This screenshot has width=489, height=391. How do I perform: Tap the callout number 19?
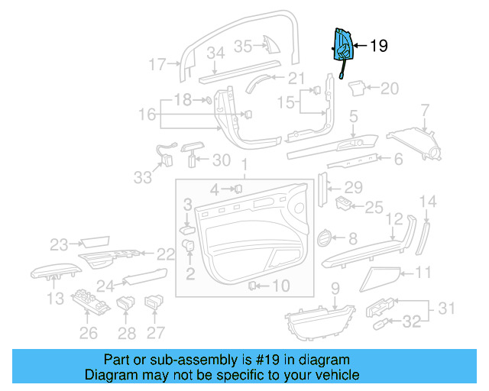point(378,47)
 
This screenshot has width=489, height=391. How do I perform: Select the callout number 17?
point(157,65)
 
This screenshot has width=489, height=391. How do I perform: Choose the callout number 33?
point(143,177)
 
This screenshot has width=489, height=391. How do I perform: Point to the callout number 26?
point(89,333)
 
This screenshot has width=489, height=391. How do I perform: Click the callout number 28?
point(127,333)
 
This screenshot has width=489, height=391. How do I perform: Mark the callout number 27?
point(156,333)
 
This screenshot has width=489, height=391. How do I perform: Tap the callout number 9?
point(334,288)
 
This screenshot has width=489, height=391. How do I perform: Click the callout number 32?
point(412,322)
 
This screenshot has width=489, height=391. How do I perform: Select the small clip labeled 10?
point(251,286)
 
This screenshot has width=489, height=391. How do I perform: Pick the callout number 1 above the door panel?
point(244,166)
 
